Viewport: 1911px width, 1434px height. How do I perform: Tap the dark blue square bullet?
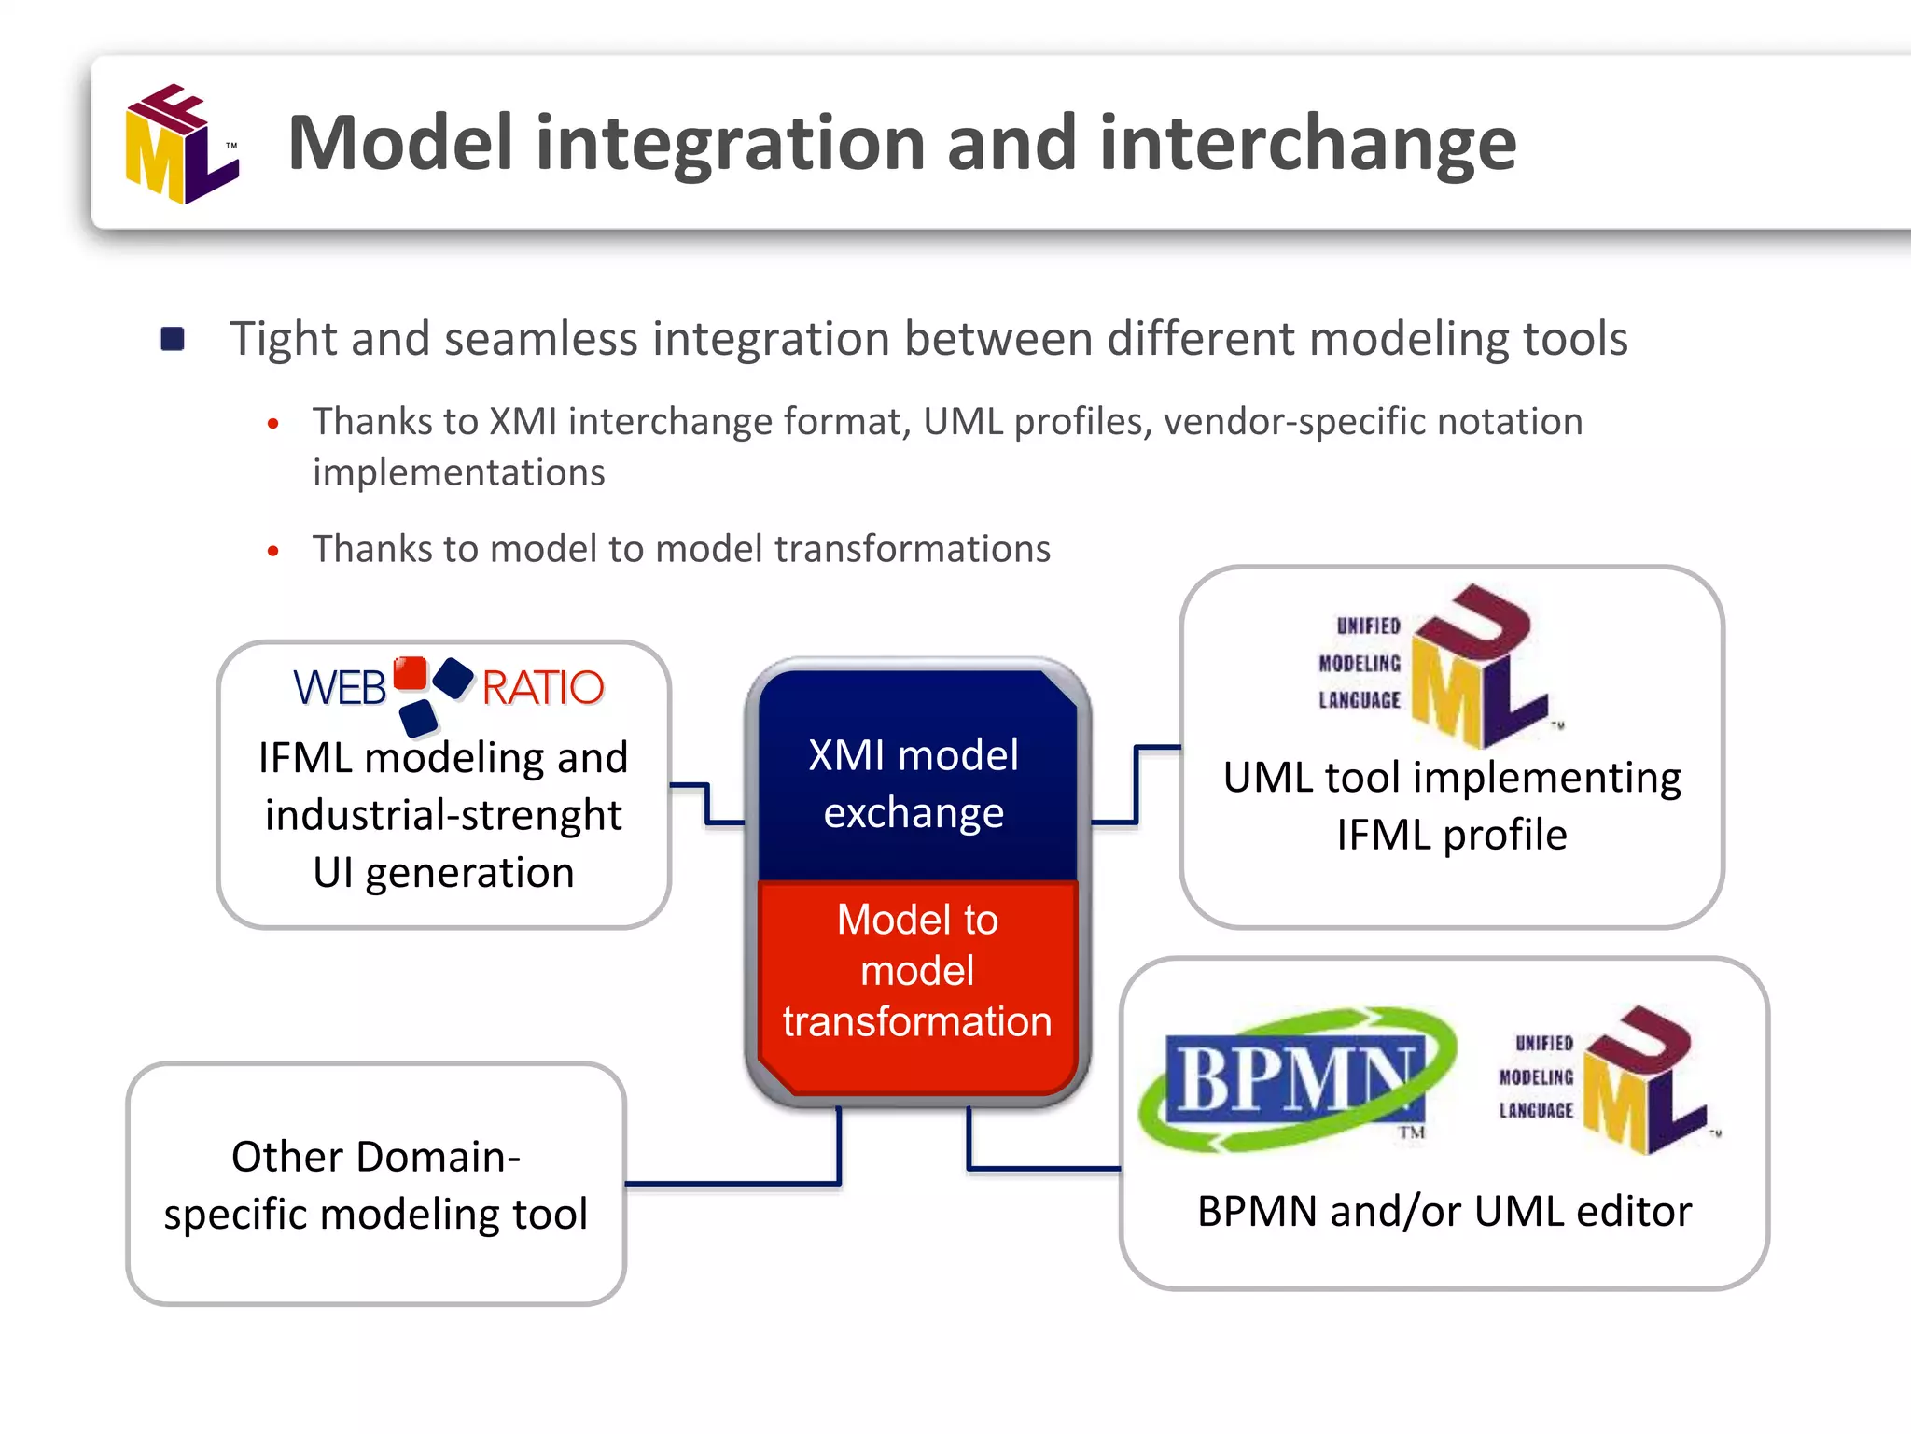pyautogui.click(x=173, y=338)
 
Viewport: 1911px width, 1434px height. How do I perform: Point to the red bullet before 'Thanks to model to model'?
pyautogui.click(x=272, y=551)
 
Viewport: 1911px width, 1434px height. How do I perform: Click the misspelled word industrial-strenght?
pyautogui.click(x=443, y=815)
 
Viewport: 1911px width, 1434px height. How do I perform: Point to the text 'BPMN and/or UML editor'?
pyautogui.click(x=1444, y=1212)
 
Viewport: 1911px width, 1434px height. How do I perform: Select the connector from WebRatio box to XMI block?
pyautogui.click(x=707, y=804)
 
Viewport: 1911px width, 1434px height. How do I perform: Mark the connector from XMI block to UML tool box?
pyautogui.click(x=1137, y=784)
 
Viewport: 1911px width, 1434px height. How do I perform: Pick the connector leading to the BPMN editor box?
pyautogui.click(x=1026, y=1167)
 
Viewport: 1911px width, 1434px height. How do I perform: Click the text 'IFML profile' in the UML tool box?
pyautogui.click(x=1452, y=835)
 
